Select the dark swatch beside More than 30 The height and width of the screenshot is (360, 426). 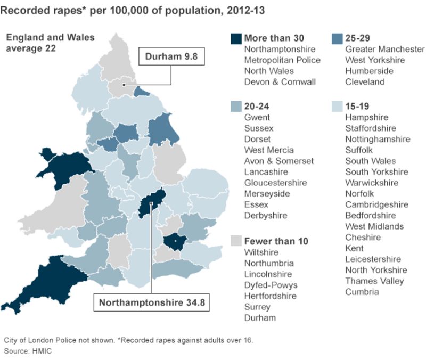[x=235, y=38]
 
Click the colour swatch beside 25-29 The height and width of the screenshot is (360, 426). [x=337, y=38]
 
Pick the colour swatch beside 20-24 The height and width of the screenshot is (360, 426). [x=235, y=107]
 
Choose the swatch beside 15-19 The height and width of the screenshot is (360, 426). [x=337, y=107]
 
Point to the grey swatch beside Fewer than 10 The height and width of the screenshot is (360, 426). [x=235, y=241]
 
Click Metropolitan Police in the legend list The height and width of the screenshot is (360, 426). [x=282, y=60]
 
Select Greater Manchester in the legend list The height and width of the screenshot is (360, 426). [x=384, y=50]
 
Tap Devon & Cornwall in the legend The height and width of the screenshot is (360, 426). [x=280, y=82]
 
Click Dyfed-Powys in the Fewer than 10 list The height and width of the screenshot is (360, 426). [x=270, y=285]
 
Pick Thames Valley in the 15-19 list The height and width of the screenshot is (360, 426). [x=374, y=281]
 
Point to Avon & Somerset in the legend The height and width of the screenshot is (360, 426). [x=279, y=161]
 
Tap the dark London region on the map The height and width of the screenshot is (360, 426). [x=174, y=242]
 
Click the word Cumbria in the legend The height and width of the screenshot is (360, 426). [x=362, y=292]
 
